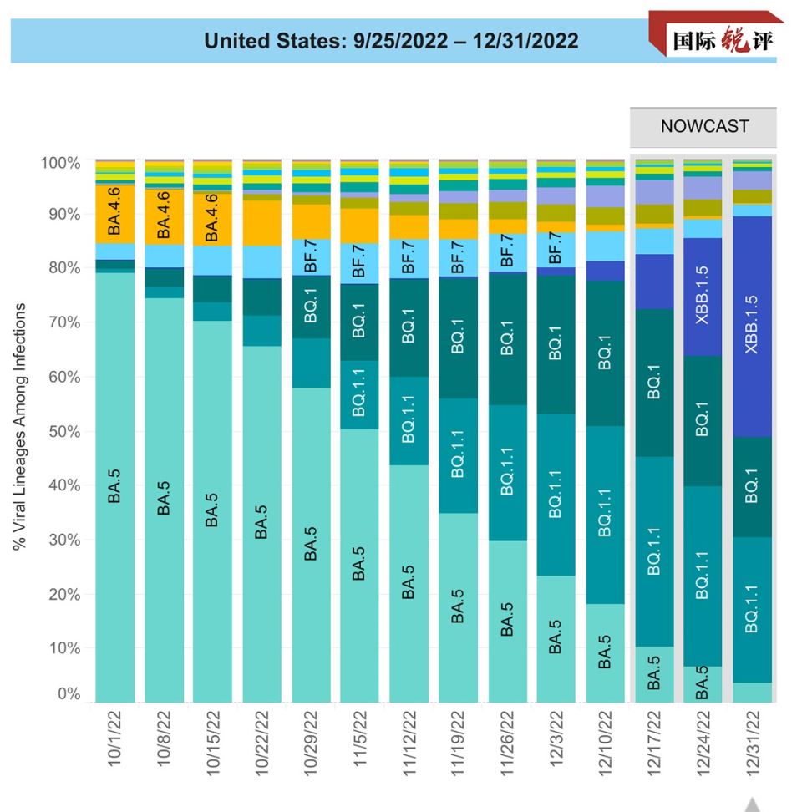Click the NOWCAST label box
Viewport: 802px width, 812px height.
pos(703,127)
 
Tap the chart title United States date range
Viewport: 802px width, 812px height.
pos(391,41)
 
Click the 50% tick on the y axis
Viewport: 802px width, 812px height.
pos(64,432)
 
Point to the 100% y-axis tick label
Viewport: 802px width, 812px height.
pos(61,163)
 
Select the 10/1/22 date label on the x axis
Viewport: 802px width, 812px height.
pos(114,738)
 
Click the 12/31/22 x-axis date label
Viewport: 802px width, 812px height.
pos(753,743)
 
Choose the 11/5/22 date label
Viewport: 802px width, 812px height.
pos(359,738)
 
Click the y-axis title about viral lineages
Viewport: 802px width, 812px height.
pos(20,426)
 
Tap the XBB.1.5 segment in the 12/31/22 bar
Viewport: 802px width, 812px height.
pos(753,327)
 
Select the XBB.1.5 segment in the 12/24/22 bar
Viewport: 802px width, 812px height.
pos(703,297)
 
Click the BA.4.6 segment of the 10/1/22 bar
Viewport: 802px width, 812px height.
pos(115,214)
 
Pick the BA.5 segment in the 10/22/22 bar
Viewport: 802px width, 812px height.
pos(262,524)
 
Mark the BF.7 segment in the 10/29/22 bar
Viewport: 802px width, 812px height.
pos(311,257)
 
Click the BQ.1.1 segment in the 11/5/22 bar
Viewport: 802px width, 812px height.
pos(359,394)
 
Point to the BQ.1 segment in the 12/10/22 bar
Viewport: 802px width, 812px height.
pos(605,353)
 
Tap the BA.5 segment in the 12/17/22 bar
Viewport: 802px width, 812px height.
pos(654,674)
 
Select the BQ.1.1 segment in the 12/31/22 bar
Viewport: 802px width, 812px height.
pos(753,610)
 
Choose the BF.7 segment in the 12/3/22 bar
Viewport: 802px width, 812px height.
pos(556,250)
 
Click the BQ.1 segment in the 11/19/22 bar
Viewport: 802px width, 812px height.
pos(458,337)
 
